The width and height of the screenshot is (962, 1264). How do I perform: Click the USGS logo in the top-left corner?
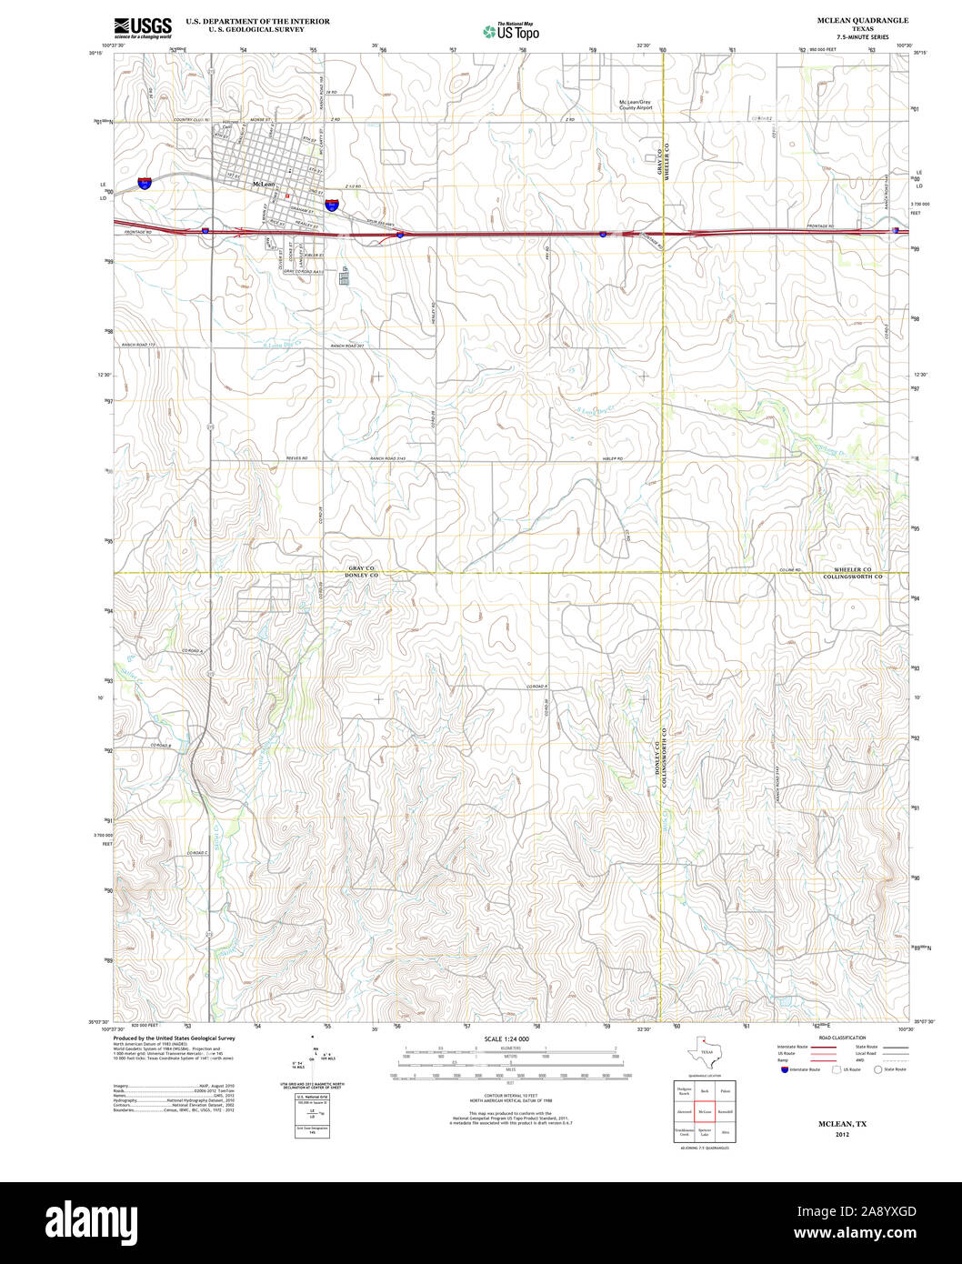143,26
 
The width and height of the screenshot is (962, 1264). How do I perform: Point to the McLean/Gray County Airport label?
636,105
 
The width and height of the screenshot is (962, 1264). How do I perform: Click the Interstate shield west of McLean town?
145,183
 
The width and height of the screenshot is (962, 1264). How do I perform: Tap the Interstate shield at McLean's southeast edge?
334,206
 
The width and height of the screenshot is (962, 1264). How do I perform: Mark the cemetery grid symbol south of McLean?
344,277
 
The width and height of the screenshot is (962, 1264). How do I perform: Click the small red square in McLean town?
286,195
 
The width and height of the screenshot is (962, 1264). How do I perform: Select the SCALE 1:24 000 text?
506,1038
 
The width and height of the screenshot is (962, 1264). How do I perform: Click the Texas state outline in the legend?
706,1051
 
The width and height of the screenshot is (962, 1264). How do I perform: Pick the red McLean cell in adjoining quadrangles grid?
705,1111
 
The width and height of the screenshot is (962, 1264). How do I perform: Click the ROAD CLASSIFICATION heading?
841,1038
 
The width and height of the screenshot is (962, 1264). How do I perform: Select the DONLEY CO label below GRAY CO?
361,577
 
